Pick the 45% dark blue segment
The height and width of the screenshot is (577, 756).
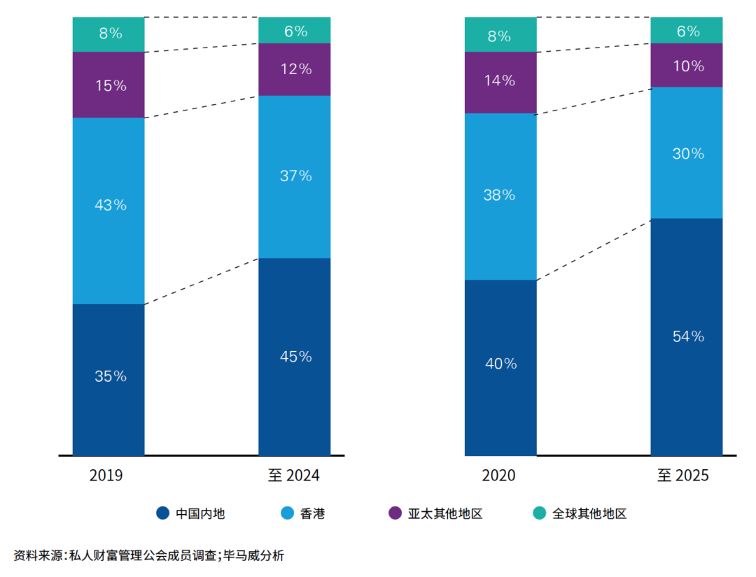click(294, 357)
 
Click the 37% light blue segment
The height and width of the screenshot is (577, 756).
click(294, 176)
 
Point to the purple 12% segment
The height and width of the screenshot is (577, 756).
click(294, 69)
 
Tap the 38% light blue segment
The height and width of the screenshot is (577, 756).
click(500, 196)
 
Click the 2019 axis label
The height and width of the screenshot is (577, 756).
click(106, 476)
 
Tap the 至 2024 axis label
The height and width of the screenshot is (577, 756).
click(293, 476)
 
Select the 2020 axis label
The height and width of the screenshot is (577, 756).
click(498, 476)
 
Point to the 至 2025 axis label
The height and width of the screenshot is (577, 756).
click(683, 476)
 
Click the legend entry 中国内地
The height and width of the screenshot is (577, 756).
click(200, 514)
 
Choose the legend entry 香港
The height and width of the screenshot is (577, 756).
click(312, 514)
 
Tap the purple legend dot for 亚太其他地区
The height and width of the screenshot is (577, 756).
click(395, 514)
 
